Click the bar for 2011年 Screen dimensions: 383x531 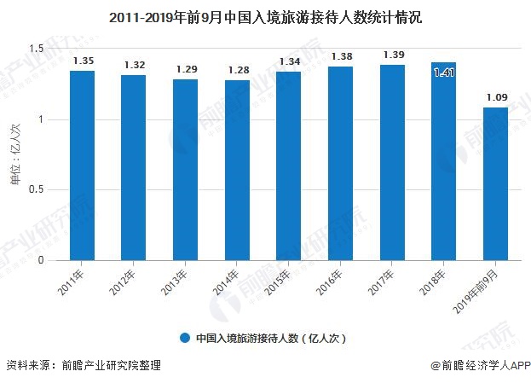83,165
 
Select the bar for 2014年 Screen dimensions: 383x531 237,171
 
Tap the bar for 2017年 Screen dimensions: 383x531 392,163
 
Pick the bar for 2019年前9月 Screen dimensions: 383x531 496,183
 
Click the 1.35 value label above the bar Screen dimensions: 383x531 83,61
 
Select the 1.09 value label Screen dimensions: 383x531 496,97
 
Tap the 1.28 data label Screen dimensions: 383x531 237,70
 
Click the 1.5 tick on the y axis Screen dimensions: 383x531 36,49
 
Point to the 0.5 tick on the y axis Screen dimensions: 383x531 36,190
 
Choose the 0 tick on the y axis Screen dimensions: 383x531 40,260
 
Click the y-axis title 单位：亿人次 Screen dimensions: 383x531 14,154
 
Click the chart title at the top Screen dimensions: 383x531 265,16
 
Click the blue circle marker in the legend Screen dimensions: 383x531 183,338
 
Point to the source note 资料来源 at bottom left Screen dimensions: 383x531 82,366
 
